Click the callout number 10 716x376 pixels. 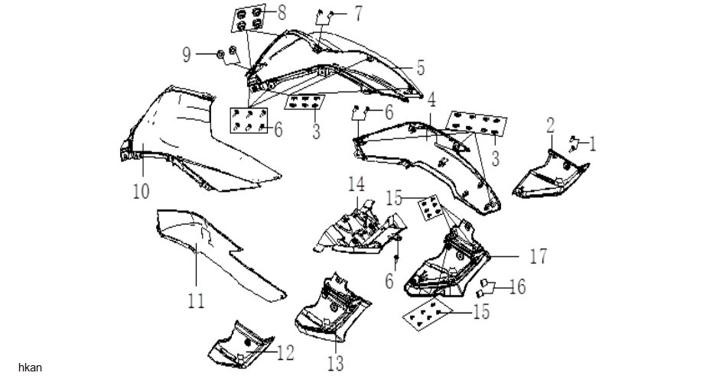141,191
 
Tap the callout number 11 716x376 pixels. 196,300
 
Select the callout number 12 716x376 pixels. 285,353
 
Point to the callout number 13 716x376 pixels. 335,364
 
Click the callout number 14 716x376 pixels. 356,184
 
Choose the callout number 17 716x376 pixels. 538,257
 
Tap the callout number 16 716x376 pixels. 517,287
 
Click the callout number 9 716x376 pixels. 187,55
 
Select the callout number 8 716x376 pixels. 282,13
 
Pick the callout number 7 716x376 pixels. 358,13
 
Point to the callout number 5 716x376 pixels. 421,67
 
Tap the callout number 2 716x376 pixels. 550,125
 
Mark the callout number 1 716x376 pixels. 592,144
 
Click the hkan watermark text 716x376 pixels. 30,368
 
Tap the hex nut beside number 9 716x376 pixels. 220,55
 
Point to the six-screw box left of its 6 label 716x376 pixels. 249,120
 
